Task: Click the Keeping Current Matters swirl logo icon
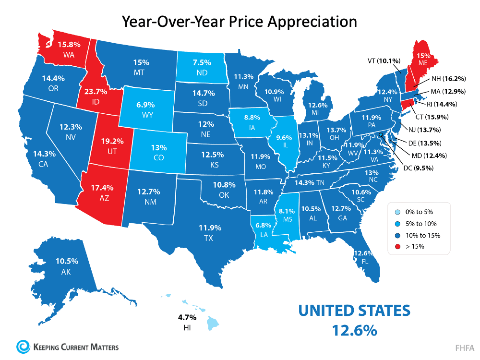[x=22, y=346]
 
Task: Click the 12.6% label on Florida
[x=362, y=253]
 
